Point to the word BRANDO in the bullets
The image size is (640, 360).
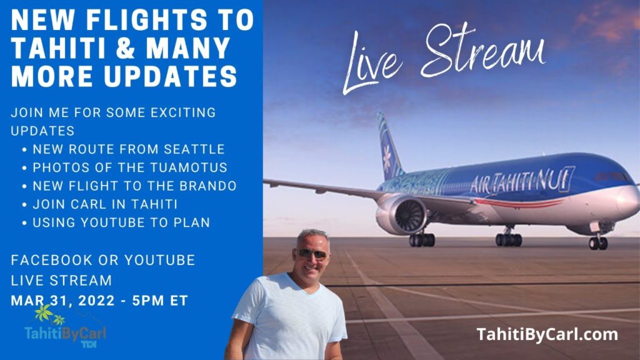coord(216,186)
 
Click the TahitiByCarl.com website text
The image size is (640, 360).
coord(547,334)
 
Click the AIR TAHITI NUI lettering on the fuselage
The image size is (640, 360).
coord(521,181)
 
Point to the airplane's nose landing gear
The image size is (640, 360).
coord(597,241)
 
